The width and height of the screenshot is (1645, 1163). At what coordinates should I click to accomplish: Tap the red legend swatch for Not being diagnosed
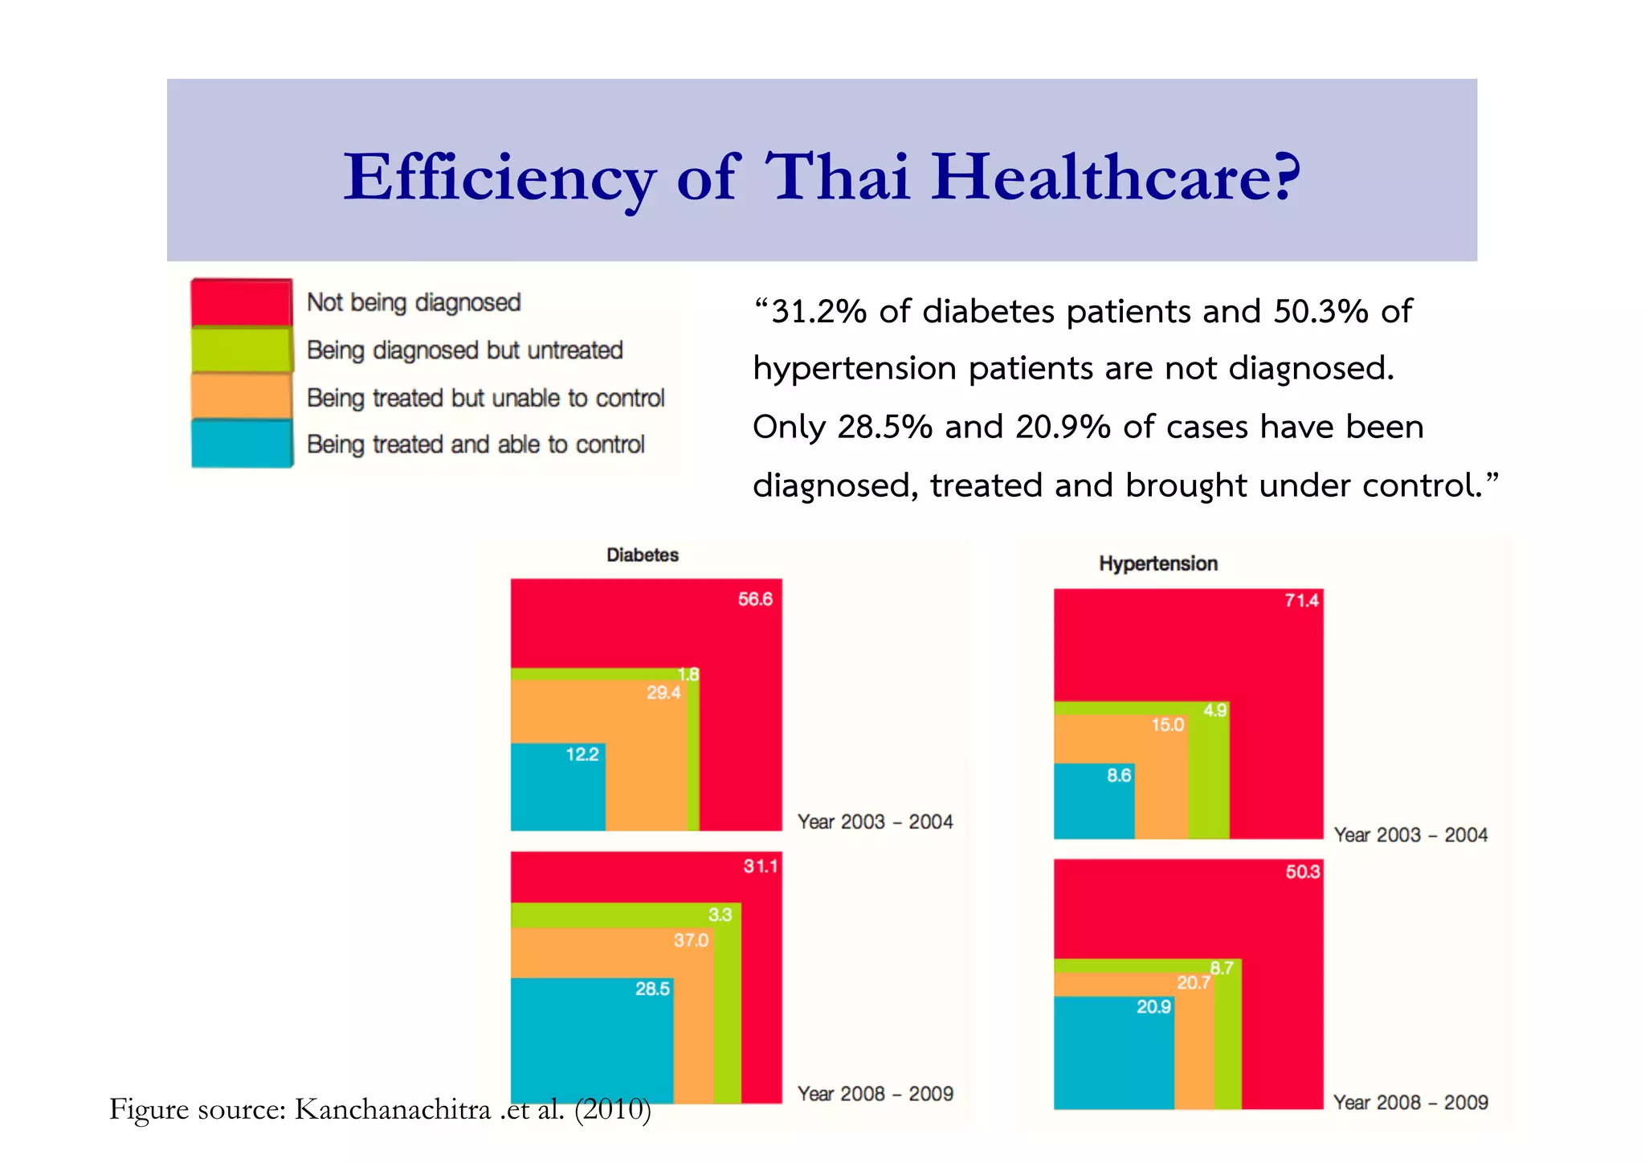(x=241, y=302)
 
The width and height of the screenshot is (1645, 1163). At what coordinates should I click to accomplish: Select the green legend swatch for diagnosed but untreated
(x=241, y=350)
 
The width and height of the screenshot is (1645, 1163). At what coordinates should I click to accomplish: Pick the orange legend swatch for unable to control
(x=241, y=396)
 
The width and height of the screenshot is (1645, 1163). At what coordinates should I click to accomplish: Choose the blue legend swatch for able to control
(x=241, y=444)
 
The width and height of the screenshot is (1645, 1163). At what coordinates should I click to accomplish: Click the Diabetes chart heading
(x=642, y=555)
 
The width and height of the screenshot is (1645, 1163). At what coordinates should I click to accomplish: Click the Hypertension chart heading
(x=1157, y=563)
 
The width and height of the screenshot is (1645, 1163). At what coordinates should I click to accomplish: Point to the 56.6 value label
(x=755, y=600)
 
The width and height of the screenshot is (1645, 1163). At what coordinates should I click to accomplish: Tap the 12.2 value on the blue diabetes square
(x=582, y=755)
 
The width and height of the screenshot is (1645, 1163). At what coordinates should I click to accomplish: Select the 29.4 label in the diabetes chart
(x=663, y=693)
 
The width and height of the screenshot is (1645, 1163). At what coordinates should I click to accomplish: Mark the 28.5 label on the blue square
(x=652, y=989)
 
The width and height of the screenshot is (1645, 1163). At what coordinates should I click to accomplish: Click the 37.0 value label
(x=691, y=940)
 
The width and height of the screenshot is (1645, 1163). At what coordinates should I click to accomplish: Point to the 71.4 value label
(x=1301, y=600)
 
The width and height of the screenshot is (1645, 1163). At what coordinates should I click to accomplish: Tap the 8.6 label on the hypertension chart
(x=1118, y=776)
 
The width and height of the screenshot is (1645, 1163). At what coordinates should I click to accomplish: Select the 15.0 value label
(x=1167, y=725)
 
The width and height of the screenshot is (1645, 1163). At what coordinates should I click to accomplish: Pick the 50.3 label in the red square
(x=1302, y=872)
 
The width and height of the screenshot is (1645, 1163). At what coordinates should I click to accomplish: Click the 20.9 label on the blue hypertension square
(x=1153, y=1007)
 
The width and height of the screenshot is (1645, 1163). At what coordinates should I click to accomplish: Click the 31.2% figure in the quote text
(x=818, y=312)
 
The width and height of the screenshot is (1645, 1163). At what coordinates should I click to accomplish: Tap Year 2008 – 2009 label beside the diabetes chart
(x=875, y=1094)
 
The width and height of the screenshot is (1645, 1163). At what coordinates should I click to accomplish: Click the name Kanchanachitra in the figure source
(x=392, y=1109)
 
